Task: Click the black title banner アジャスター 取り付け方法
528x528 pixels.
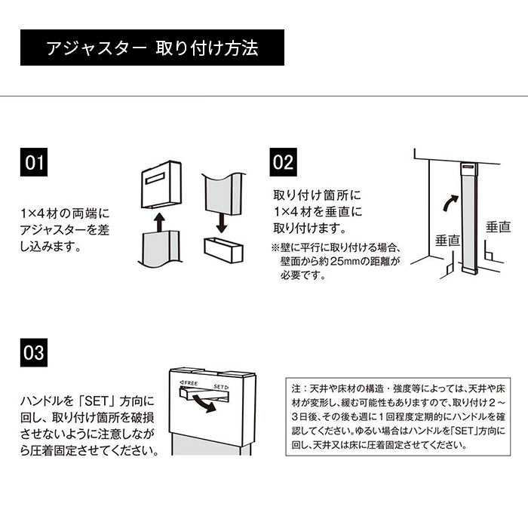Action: pos(152,48)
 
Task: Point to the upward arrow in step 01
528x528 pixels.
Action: pos(158,220)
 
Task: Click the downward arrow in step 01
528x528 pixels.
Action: pos(222,222)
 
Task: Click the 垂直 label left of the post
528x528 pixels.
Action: pos(447,241)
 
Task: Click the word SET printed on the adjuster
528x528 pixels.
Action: pos(220,385)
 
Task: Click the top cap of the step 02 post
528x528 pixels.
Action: pos(469,164)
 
